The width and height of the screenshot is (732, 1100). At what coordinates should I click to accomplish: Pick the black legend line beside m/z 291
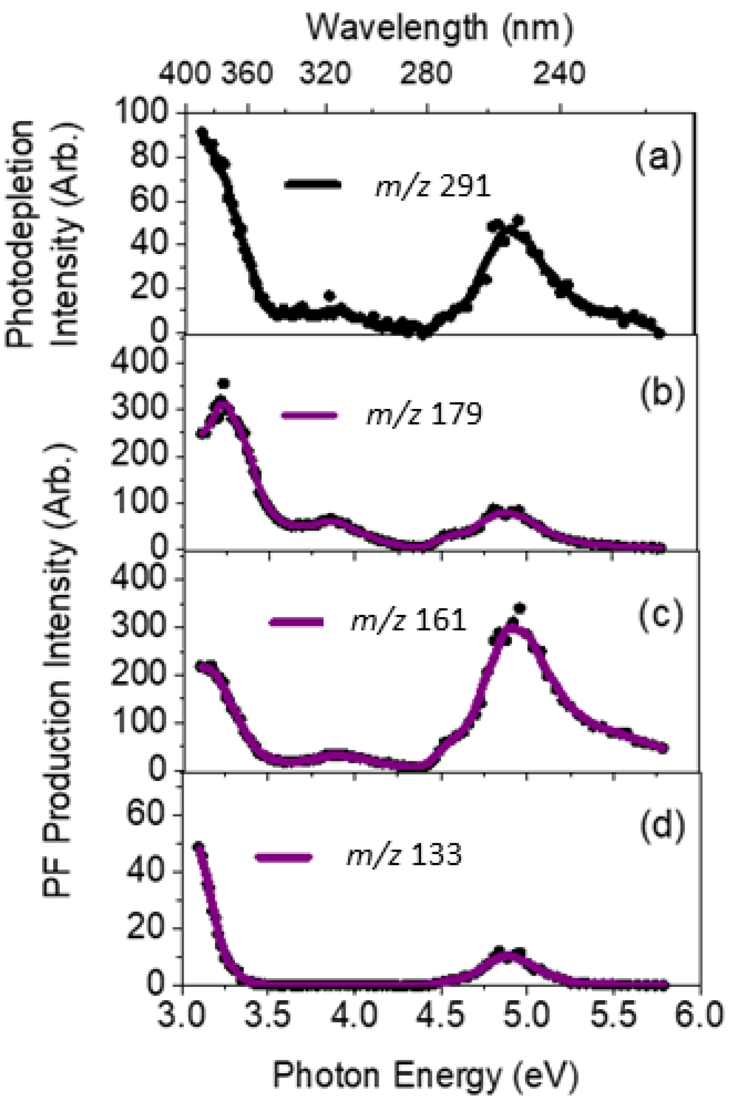[312, 184]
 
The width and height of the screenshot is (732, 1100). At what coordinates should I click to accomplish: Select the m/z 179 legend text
[424, 415]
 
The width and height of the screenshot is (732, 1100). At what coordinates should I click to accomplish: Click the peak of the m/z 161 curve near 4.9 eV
[512, 628]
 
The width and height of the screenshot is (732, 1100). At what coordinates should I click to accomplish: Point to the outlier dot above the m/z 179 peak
[223, 383]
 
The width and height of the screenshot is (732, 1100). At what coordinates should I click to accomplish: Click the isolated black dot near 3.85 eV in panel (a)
[330, 296]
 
